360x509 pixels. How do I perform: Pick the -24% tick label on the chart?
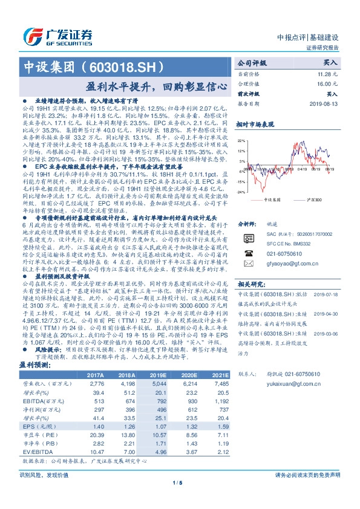tap(241, 192)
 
